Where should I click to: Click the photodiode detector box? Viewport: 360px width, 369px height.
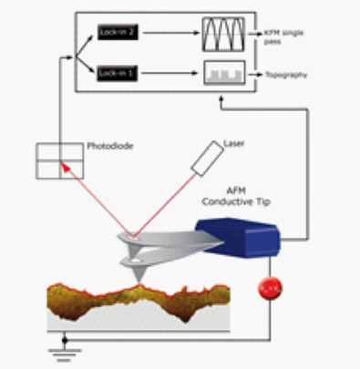point(57,161)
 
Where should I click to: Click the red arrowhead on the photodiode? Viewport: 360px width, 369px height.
point(64,166)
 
